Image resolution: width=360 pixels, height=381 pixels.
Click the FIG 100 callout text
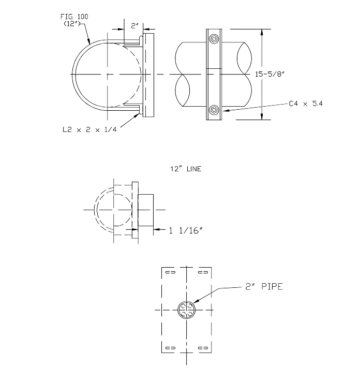76,18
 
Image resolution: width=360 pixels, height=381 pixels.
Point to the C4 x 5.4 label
305,104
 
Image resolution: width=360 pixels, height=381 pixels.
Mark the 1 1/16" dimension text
184,230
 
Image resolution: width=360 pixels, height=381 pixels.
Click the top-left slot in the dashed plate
170,272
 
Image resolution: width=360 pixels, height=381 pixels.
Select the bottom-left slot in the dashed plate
170,347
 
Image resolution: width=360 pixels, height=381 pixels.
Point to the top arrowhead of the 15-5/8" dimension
264,31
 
